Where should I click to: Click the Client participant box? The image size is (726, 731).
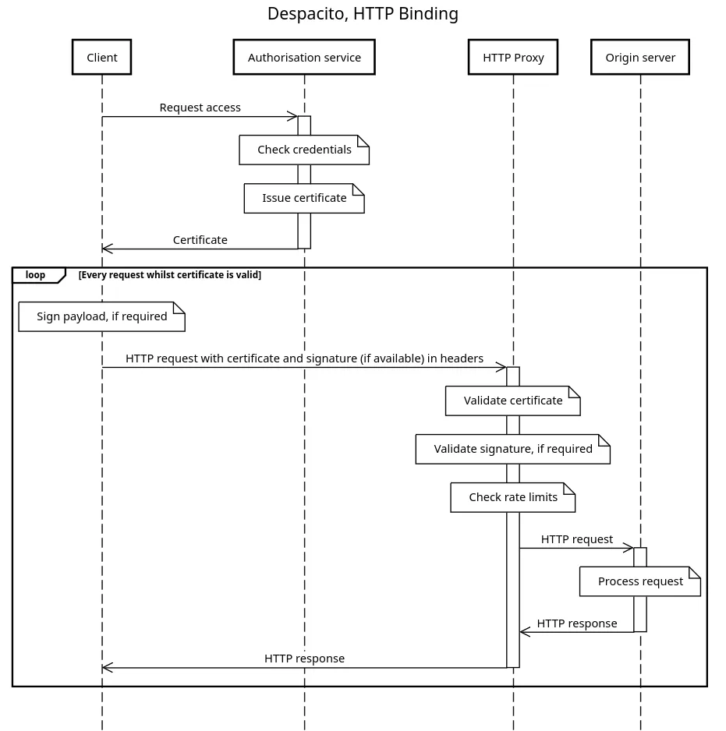tap(101, 58)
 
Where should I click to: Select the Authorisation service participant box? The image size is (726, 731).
tap(304, 58)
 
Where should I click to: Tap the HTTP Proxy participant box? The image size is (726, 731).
tap(513, 58)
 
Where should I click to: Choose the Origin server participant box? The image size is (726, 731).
tap(640, 58)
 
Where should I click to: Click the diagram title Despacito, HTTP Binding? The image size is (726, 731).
tap(363, 14)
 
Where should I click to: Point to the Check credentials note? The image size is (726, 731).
tap(304, 150)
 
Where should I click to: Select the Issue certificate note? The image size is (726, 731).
tap(304, 198)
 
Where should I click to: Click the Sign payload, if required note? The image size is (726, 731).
tap(101, 316)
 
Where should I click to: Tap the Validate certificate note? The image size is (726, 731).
tap(513, 401)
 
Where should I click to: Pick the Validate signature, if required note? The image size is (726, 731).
tap(512, 449)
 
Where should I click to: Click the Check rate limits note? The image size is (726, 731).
tap(513, 497)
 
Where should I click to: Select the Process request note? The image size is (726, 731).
tap(640, 581)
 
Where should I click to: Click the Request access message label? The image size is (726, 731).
tap(200, 108)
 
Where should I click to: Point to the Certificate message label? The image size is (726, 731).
tap(200, 240)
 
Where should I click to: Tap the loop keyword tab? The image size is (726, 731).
tap(36, 275)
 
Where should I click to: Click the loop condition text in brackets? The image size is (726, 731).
tap(169, 275)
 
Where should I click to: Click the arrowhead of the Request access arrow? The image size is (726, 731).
tap(292, 117)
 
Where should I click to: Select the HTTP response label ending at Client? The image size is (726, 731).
tap(304, 659)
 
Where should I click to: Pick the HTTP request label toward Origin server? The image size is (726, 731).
tap(576, 539)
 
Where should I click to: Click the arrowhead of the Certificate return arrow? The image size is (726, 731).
tap(107, 249)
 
